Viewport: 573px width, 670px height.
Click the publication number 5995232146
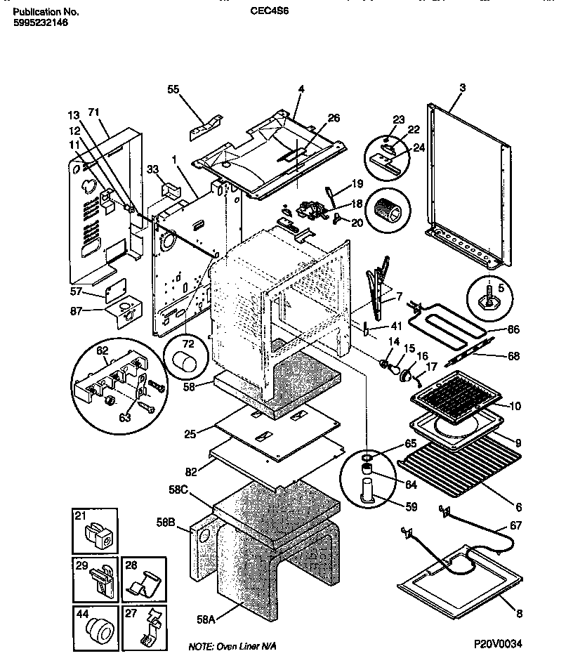point(41,22)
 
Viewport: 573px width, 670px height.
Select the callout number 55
point(173,89)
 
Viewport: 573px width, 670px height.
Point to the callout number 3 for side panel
point(463,87)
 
